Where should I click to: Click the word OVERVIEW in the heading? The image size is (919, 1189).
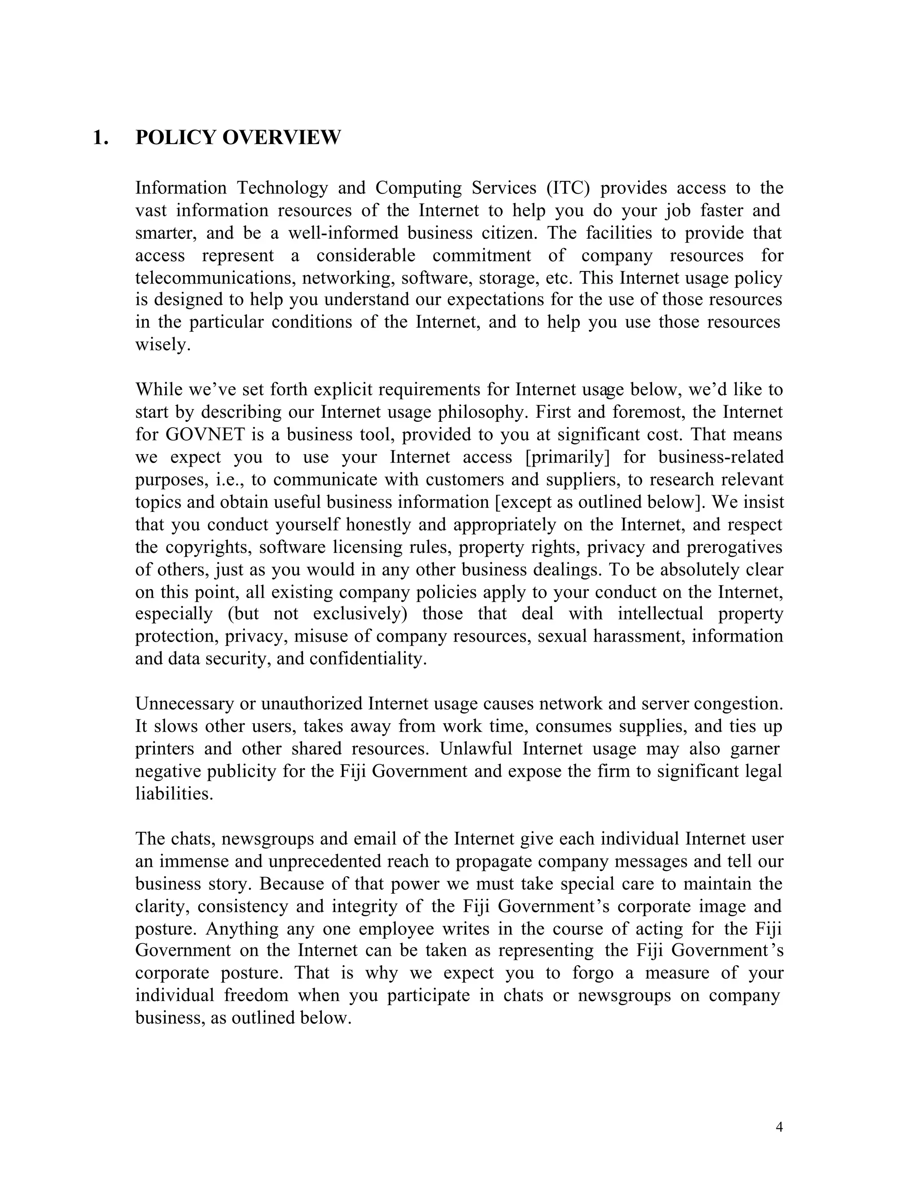click(281, 137)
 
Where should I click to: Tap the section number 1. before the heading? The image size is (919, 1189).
click(100, 137)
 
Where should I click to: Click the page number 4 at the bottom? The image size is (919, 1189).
click(779, 1127)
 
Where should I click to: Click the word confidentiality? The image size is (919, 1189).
click(368, 659)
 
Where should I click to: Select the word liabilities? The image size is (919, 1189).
click(174, 794)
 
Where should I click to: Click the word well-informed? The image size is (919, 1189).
click(345, 233)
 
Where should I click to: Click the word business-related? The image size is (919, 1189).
click(721, 457)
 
